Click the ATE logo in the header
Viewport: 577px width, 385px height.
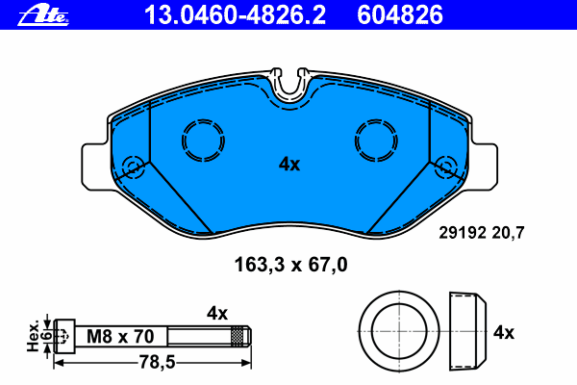tap(43, 15)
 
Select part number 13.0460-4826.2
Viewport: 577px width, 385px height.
tap(235, 15)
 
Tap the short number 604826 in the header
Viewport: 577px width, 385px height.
tap(400, 15)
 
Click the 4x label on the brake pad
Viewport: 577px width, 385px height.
tap(289, 164)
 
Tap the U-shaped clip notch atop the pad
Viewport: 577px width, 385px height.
tap(289, 92)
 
